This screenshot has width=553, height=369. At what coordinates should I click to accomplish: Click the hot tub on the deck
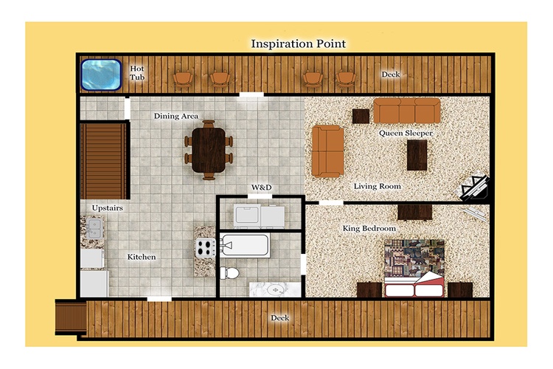coord(101,75)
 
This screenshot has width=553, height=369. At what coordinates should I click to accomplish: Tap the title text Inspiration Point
coord(299,44)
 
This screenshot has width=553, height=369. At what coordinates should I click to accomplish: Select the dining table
coord(209,150)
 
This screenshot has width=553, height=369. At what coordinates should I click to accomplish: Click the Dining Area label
coord(176,116)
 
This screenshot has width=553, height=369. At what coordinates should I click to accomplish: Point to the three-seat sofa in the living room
coord(407,110)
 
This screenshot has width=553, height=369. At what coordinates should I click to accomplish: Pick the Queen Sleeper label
coord(406,133)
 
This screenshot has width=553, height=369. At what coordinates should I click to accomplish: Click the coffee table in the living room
coord(417,155)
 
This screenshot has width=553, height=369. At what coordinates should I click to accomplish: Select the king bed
coord(414,269)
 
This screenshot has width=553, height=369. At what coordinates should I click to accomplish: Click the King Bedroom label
coord(369,229)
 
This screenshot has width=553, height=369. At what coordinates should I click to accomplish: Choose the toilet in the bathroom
coord(229,272)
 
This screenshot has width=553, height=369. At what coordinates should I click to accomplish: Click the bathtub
coord(245,245)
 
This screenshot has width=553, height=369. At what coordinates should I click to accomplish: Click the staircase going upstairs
coord(104,161)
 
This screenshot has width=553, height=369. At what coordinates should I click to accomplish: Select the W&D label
coord(261,187)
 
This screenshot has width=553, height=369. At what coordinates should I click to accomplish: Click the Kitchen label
coord(142,257)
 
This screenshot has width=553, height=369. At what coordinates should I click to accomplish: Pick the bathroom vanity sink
coord(274,290)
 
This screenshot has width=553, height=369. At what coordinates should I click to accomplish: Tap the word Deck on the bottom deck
coord(279,318)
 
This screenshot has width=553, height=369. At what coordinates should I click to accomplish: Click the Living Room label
coord(378,186)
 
